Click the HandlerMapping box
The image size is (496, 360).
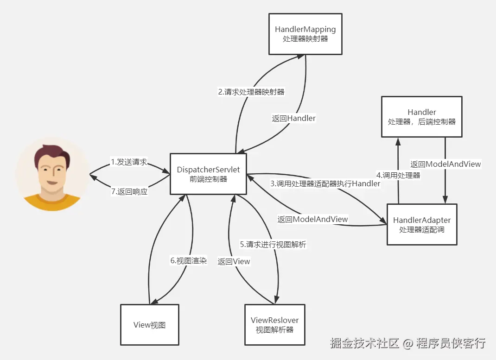tap(305, 34)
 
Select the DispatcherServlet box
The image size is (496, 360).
tap(208, 174)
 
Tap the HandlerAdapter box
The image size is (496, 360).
tap(422, 224)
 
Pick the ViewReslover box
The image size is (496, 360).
tap(275, 324)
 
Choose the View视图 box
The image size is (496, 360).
tap(149, 324)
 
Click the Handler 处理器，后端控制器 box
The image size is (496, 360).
tap(422, 117)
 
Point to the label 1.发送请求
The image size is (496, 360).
tap(129, 162)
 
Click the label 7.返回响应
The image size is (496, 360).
tap(129, 191)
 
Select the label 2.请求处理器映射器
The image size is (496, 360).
tap(251, 92)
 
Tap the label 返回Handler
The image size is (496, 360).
tap(293, 118)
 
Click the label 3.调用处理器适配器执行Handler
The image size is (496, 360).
tap(325, 183)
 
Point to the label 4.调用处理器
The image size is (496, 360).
tap(398, 175)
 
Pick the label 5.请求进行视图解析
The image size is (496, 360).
tap(273, 244)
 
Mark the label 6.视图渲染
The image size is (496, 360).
tap(188, 260)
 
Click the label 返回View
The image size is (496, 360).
tap(234, 261)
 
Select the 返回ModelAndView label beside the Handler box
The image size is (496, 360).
tap(445, 164)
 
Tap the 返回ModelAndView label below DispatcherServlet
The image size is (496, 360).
tap(312, 219)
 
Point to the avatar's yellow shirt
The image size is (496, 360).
tap(51, 202)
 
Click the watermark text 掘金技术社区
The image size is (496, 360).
tap(365, 343)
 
